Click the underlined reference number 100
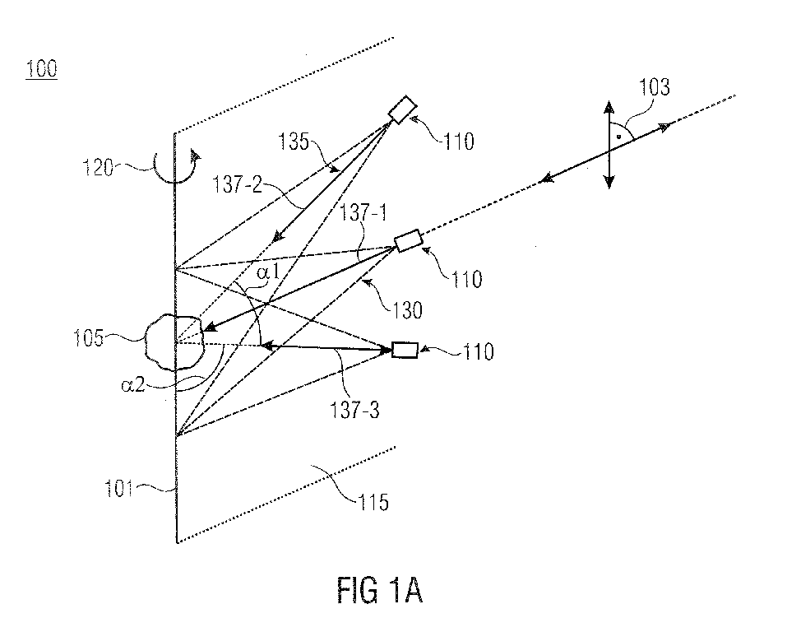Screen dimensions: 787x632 42,68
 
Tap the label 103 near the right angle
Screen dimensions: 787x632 654,87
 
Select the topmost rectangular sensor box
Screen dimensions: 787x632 403,109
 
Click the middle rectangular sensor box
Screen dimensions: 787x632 409,240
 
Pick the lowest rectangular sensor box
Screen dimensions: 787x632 405,350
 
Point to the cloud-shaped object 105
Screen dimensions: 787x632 174,342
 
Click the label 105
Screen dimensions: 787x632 89,338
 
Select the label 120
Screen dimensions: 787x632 98,167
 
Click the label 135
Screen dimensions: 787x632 294,142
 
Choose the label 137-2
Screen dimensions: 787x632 238,184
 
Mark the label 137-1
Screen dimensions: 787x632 363,213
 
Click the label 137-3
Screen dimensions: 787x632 355,410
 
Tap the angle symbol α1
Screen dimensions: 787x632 268,272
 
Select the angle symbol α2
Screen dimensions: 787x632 133,385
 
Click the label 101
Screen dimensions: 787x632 118,488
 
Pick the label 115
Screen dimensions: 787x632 373,502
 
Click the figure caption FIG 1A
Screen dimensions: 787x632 380,590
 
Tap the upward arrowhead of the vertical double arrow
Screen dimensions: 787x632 609,106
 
